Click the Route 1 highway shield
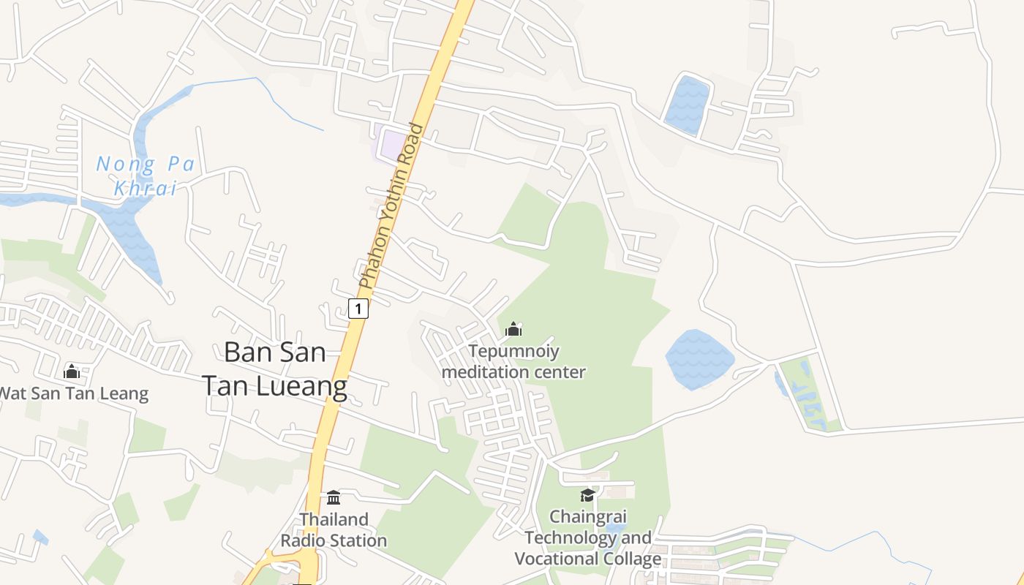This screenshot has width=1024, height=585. point(358,309)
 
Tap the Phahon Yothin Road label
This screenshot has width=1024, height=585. point(391,206)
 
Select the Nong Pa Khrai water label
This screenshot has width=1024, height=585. point(146,175)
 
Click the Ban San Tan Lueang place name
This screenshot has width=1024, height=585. point(274,369)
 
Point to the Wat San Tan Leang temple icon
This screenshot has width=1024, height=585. point(72,371)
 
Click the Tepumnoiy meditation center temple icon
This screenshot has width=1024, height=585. point(513,330)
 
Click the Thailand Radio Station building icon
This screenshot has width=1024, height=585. point(334,498)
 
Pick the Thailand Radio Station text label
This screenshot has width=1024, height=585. point(334,530)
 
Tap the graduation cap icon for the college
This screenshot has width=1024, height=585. point(587,496)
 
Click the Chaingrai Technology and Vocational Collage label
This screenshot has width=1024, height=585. point(587,538)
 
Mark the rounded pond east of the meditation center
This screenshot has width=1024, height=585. point(699,358)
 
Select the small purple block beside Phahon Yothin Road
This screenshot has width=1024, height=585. point(393,145)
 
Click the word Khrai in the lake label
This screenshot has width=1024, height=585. point(146,188)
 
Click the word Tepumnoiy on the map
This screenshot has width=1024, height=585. point(514,352)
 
